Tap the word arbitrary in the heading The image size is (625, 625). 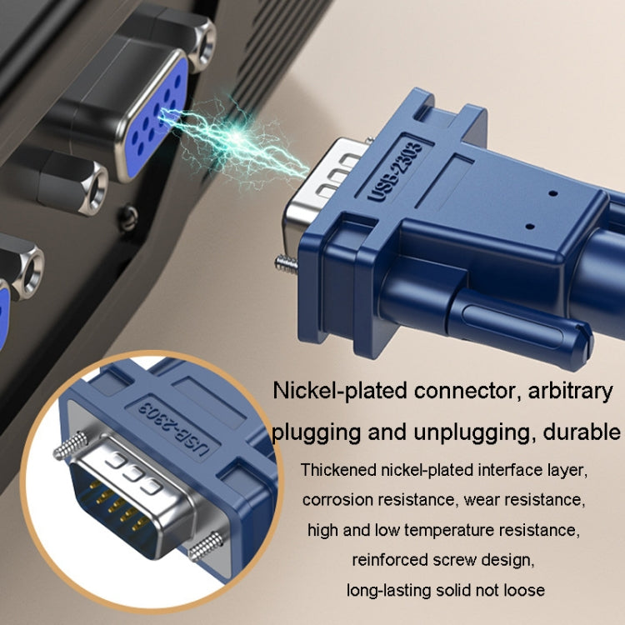(x=570, y=392)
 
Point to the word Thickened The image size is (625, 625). (x=339, y=470)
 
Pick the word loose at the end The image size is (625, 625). (x=524, y=590)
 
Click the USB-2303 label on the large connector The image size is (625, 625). (x=395, y=172)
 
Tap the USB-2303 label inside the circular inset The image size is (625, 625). (x=173, y=430)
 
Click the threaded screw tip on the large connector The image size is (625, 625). (x=286, y=263)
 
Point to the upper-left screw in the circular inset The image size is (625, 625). (x=71, y=445)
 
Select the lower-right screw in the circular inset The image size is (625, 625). (x=206, y=547)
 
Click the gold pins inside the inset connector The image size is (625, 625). (x=119, y=506)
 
